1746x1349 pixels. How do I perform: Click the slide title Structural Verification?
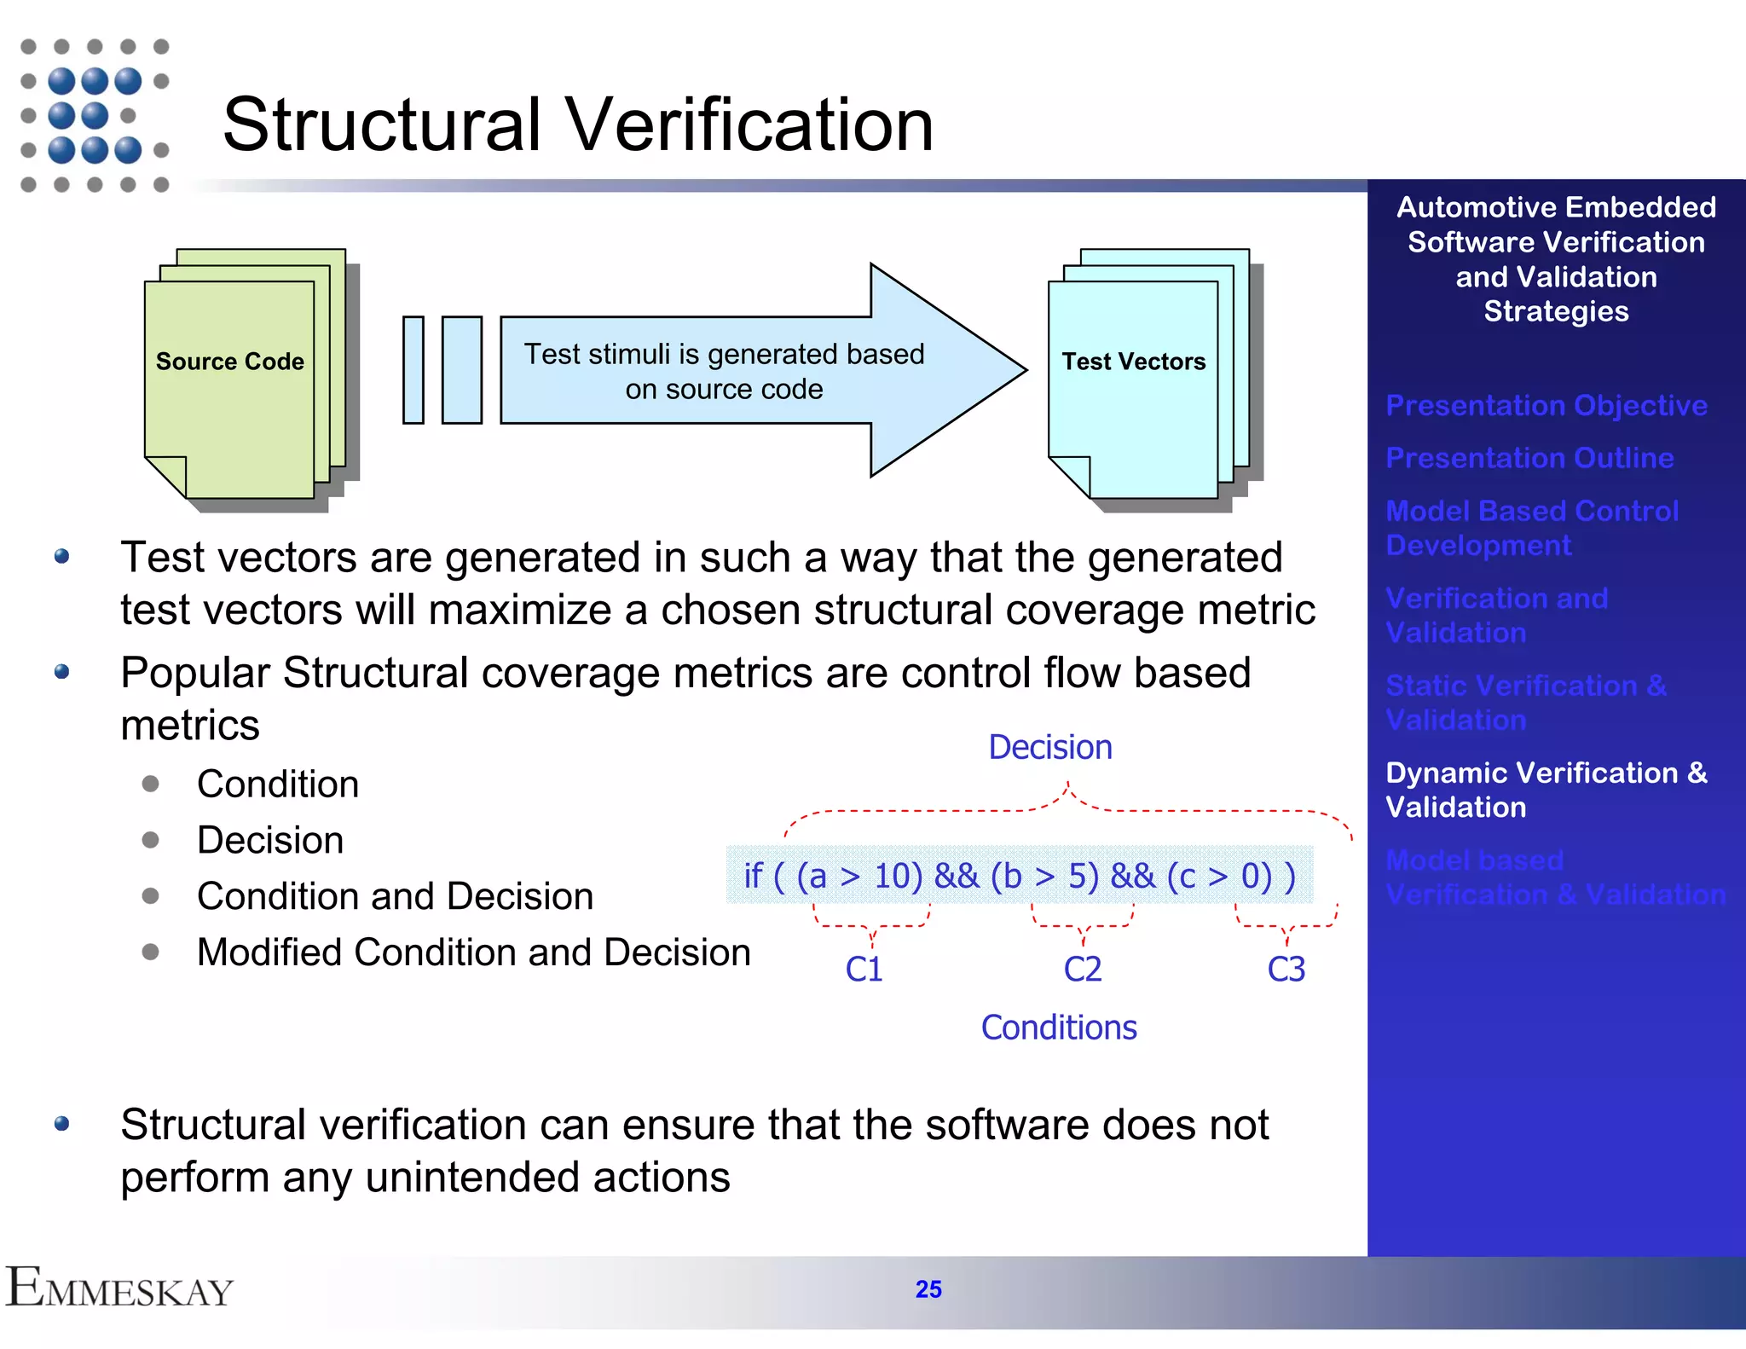(577, 125)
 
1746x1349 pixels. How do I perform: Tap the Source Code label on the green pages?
(229, 362)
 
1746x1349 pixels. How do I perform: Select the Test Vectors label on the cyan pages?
(1133, 362)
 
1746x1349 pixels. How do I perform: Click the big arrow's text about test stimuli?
(723, 371)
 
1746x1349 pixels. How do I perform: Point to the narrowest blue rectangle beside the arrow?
(413, 370)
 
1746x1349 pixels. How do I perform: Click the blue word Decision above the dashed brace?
(1049, 747)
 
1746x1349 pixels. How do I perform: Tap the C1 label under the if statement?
(864, 970)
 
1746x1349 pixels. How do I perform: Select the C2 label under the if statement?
(1082, 970)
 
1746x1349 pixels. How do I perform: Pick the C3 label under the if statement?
(1286, 970)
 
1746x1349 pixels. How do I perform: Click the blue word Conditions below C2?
(1058, 1028)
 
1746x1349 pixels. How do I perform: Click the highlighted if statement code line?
(1019, 876)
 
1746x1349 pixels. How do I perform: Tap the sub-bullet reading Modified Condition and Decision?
(473, 952)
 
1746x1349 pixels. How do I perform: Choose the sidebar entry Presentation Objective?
(1546, 405)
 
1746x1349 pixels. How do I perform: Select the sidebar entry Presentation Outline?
(1529, 458)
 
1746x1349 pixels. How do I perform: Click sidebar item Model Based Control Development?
(1531, 528)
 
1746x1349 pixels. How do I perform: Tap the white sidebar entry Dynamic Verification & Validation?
(1545, 790)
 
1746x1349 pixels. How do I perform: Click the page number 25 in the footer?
(928, 1289)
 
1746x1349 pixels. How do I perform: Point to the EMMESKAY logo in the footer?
(119, 1288)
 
